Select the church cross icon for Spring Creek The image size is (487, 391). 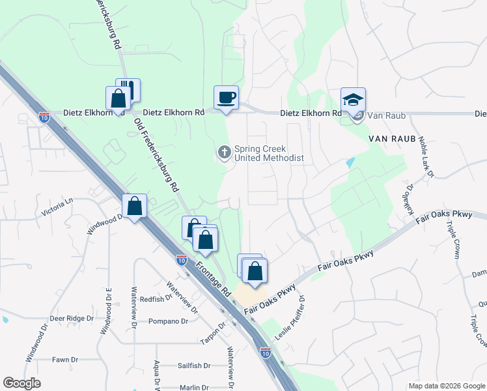click(x=224, y=152)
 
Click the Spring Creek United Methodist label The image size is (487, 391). click(x=269, y=153)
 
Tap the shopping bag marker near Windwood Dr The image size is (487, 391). click(x=135, y=207)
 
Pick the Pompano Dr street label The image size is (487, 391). click(x=168, y=321)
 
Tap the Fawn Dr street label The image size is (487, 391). click(x=65, y=359)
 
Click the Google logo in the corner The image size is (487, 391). click(x=21, y=383)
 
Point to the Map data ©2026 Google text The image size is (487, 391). click(x=447, y=386)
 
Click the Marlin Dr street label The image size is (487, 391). click(x=194, y=388)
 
